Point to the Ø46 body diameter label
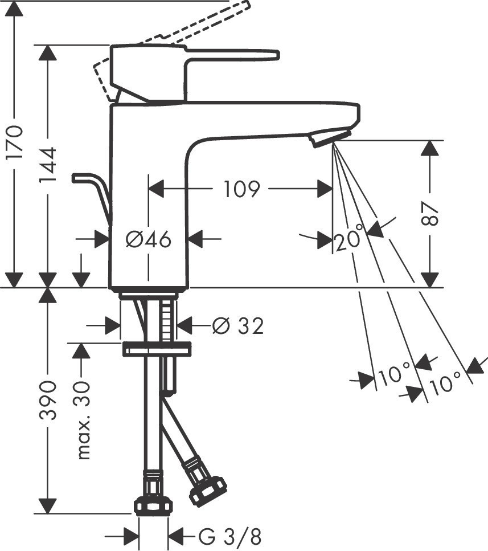(x=148, y=240)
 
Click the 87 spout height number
(x=431, y=214)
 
